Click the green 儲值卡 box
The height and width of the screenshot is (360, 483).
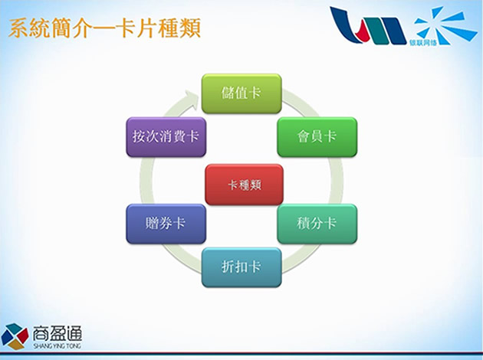pos(242,93)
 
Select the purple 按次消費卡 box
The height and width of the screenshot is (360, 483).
pos(166,137)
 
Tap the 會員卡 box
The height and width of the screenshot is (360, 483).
pos(317,137)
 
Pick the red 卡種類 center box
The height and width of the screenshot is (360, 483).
pos(244,185)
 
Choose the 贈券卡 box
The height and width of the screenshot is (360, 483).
pos(166,224)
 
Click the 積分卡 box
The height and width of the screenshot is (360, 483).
pos(317,224)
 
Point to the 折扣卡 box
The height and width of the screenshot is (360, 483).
pos(242,267)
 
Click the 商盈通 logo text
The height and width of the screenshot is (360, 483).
pos(58,333)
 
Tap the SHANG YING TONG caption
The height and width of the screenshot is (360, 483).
pos(58,346)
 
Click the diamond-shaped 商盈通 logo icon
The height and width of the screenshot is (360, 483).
pos(15,336)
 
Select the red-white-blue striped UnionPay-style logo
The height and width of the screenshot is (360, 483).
pos(368,25)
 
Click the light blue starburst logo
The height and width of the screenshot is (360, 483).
pos(445,25)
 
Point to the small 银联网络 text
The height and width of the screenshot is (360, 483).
pos(423,42)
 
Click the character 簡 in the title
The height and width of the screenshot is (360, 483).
pos(61,28)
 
